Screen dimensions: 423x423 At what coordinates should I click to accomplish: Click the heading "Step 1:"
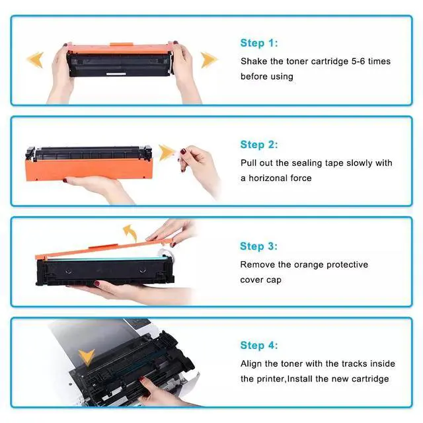259,43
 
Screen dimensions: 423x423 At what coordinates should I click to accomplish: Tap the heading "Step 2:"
259,145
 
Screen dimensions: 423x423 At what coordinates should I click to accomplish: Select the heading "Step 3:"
258,247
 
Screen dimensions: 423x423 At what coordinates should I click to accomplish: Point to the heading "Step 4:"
259,345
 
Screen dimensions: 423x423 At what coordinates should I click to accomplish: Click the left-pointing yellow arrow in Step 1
35,59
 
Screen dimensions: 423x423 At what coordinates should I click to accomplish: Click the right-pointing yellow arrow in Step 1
209,59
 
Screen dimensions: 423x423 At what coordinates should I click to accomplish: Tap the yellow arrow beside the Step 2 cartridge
167,153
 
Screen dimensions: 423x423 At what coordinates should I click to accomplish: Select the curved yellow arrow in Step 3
131,233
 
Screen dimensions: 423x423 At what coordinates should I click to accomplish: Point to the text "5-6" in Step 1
358,61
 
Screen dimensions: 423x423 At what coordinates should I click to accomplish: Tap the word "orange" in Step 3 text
309,265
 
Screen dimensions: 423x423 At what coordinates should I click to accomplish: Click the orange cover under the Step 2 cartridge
89,169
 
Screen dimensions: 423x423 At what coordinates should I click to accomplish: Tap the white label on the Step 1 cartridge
116,73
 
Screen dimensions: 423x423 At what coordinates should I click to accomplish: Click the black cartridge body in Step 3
104,270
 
